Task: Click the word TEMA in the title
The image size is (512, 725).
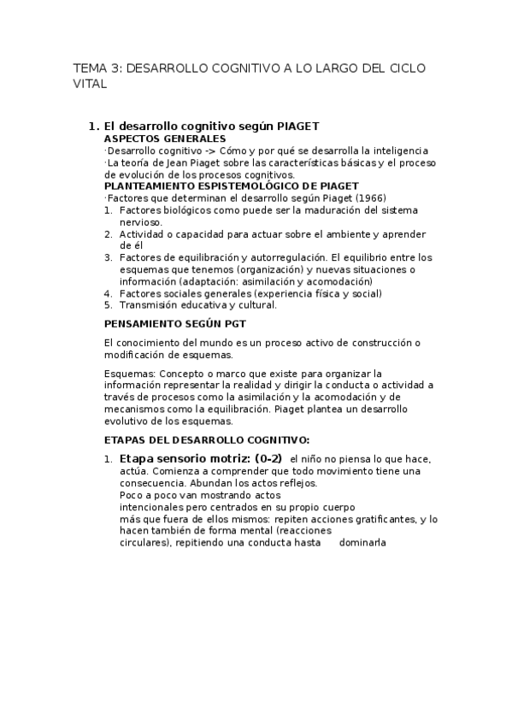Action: pyautogui.click(x=87, y=68)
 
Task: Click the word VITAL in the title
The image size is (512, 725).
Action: pyautogui.click(x=90, y=85)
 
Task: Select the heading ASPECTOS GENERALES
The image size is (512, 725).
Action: pyautogui.click(x=165, y=139)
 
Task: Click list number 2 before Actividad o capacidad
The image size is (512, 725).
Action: pyautogui.click(x=109, y=233)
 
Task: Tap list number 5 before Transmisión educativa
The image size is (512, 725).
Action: pyautogui.click(x=109, y=304)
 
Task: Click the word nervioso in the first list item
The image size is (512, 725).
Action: pyautogui.click(x=141, y=221)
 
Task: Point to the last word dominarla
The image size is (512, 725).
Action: pyautogui.click(x=362, y=542)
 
